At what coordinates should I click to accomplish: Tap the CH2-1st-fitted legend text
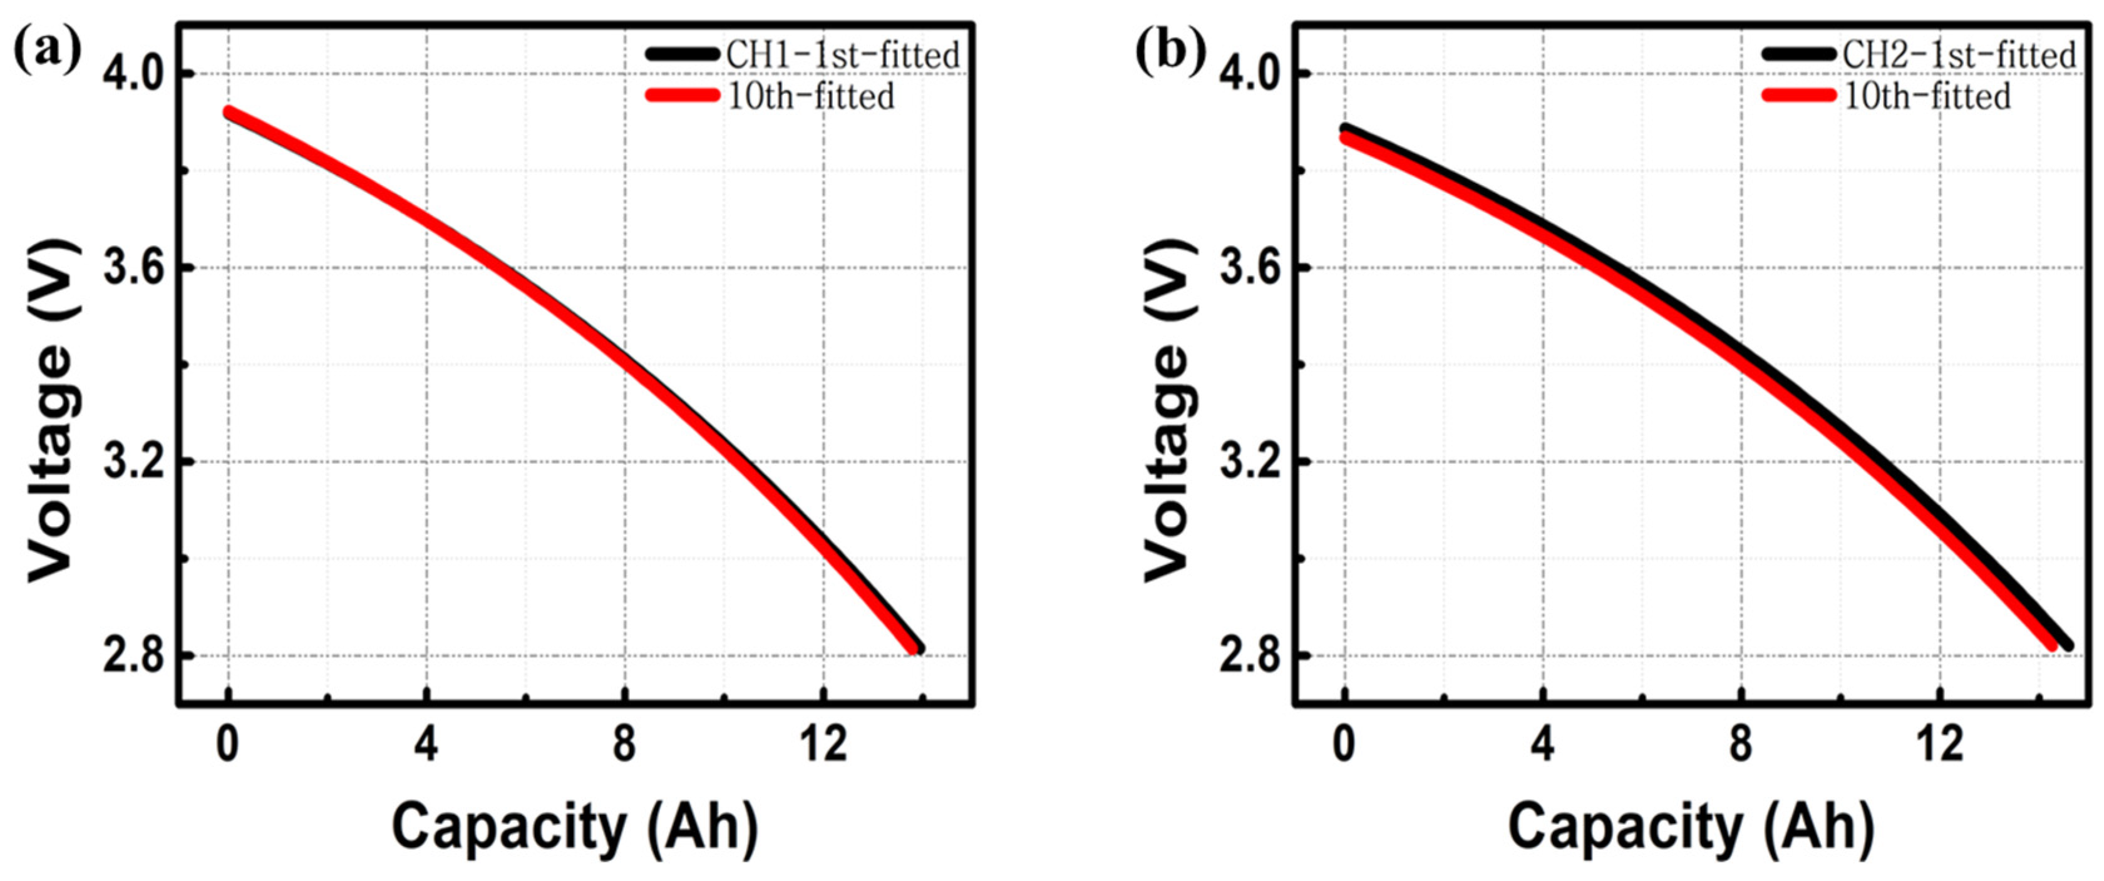click(x=1959, y=56)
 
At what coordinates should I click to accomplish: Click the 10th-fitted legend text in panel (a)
click(x=811, y=96)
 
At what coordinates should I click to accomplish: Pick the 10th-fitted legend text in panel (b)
click(x=1927, y=96)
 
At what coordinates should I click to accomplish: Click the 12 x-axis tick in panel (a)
click(x=823, y=745)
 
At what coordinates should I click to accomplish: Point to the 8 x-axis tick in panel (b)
click(x=1741, y=745)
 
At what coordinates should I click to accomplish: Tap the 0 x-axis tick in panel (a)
click(x=228, y=745)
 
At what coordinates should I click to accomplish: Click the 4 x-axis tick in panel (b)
click(x=1542, y=745)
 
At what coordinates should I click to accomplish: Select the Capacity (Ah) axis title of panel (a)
click(x=575, y=827)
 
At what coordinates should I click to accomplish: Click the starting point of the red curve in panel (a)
click(x=230, y=113)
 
